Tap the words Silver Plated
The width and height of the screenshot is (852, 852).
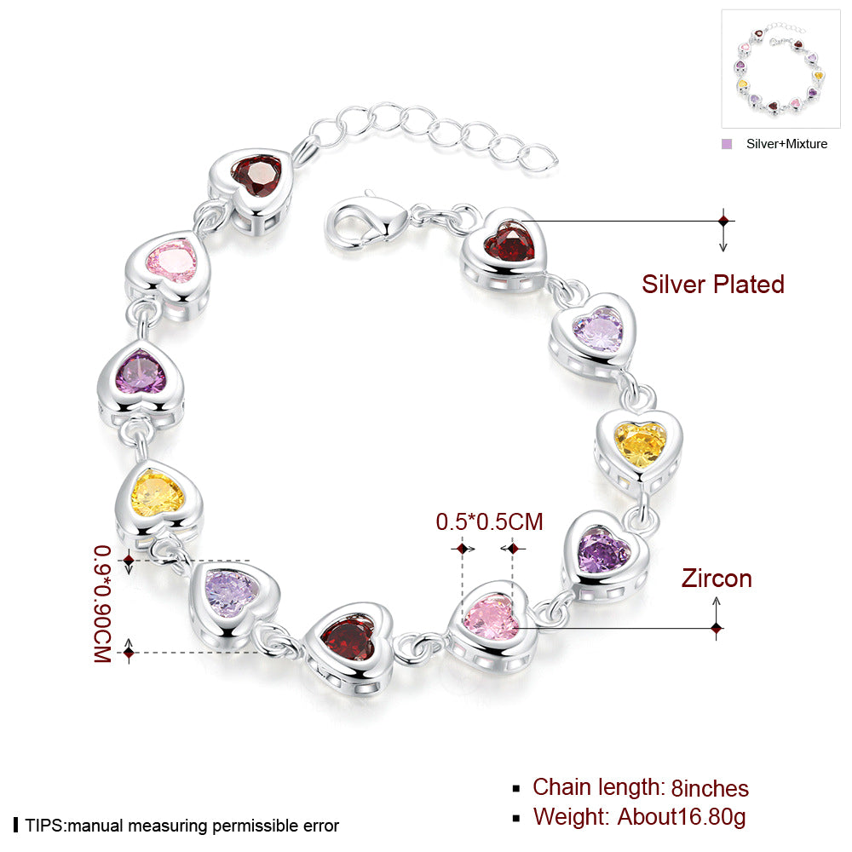[x=713, y=285]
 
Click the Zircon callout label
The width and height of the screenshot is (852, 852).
[x=717, y=579]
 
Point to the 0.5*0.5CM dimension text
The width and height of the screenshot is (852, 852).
[x=489, y=521]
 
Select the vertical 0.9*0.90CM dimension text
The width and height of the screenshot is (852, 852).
[x=103, y=604]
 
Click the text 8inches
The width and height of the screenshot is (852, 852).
[x=710, y=788]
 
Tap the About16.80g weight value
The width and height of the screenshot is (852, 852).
[x=682, y=817]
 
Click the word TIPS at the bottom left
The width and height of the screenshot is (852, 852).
[x=44, y=826]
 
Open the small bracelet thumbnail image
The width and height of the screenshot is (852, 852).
[x=780, y=69]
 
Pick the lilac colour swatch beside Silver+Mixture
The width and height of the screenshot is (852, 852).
[x=727, y=144]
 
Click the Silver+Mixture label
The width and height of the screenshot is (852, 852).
[x=786, y=144]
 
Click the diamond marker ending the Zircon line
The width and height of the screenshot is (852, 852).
[x=717, y=629]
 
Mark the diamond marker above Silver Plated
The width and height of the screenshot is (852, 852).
[x=723, y=222]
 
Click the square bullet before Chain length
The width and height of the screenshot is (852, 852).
[x=516, y=789]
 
